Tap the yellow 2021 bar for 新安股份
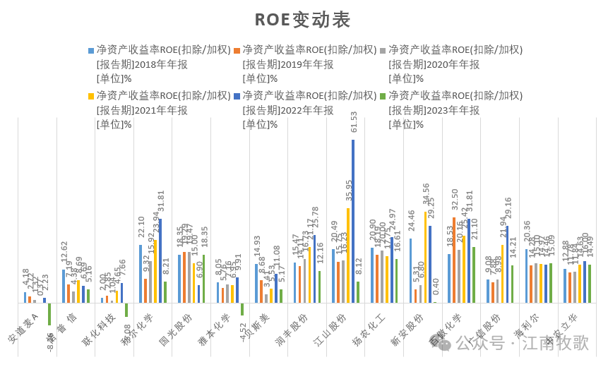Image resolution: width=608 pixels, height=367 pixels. pyautogui.click(x=425, y=258)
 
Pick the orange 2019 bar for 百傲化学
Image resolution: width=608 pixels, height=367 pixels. pyautogui.click(x=454, y=260)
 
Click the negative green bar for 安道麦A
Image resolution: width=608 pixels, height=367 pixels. pyautogui.click(x=49, y=314)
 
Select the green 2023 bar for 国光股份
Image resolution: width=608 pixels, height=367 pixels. pyautogui.click(x=203, y=279)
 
